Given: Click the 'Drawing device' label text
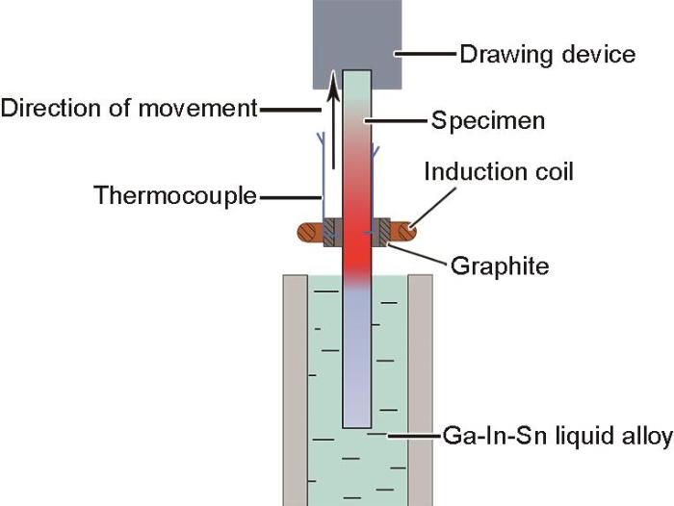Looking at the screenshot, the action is (x=547, y=56).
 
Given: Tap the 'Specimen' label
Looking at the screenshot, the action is (x=488, y=120).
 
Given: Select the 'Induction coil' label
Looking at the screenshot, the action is (x=499, y=171).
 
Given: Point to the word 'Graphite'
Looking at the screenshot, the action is (x=500, y=266).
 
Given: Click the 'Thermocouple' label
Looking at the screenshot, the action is (x=175, y=196).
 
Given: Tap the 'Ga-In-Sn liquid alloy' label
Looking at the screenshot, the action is (x=557, y=436).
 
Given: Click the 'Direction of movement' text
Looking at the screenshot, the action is (x=129, y=108).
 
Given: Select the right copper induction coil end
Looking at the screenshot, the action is (x=403, y=233).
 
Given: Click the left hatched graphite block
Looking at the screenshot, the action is (x=333, y=233).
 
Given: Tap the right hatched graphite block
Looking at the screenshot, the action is (x=381, y=233).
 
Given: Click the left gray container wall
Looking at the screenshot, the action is (x=295, y=390).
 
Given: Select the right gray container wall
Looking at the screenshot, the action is (x=421, y=390).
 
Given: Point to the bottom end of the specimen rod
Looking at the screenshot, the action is (x=357, y=427).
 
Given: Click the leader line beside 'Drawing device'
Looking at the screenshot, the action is (x=426, y=54).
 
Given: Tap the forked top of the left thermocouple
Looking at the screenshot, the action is (x=321, y=138).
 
